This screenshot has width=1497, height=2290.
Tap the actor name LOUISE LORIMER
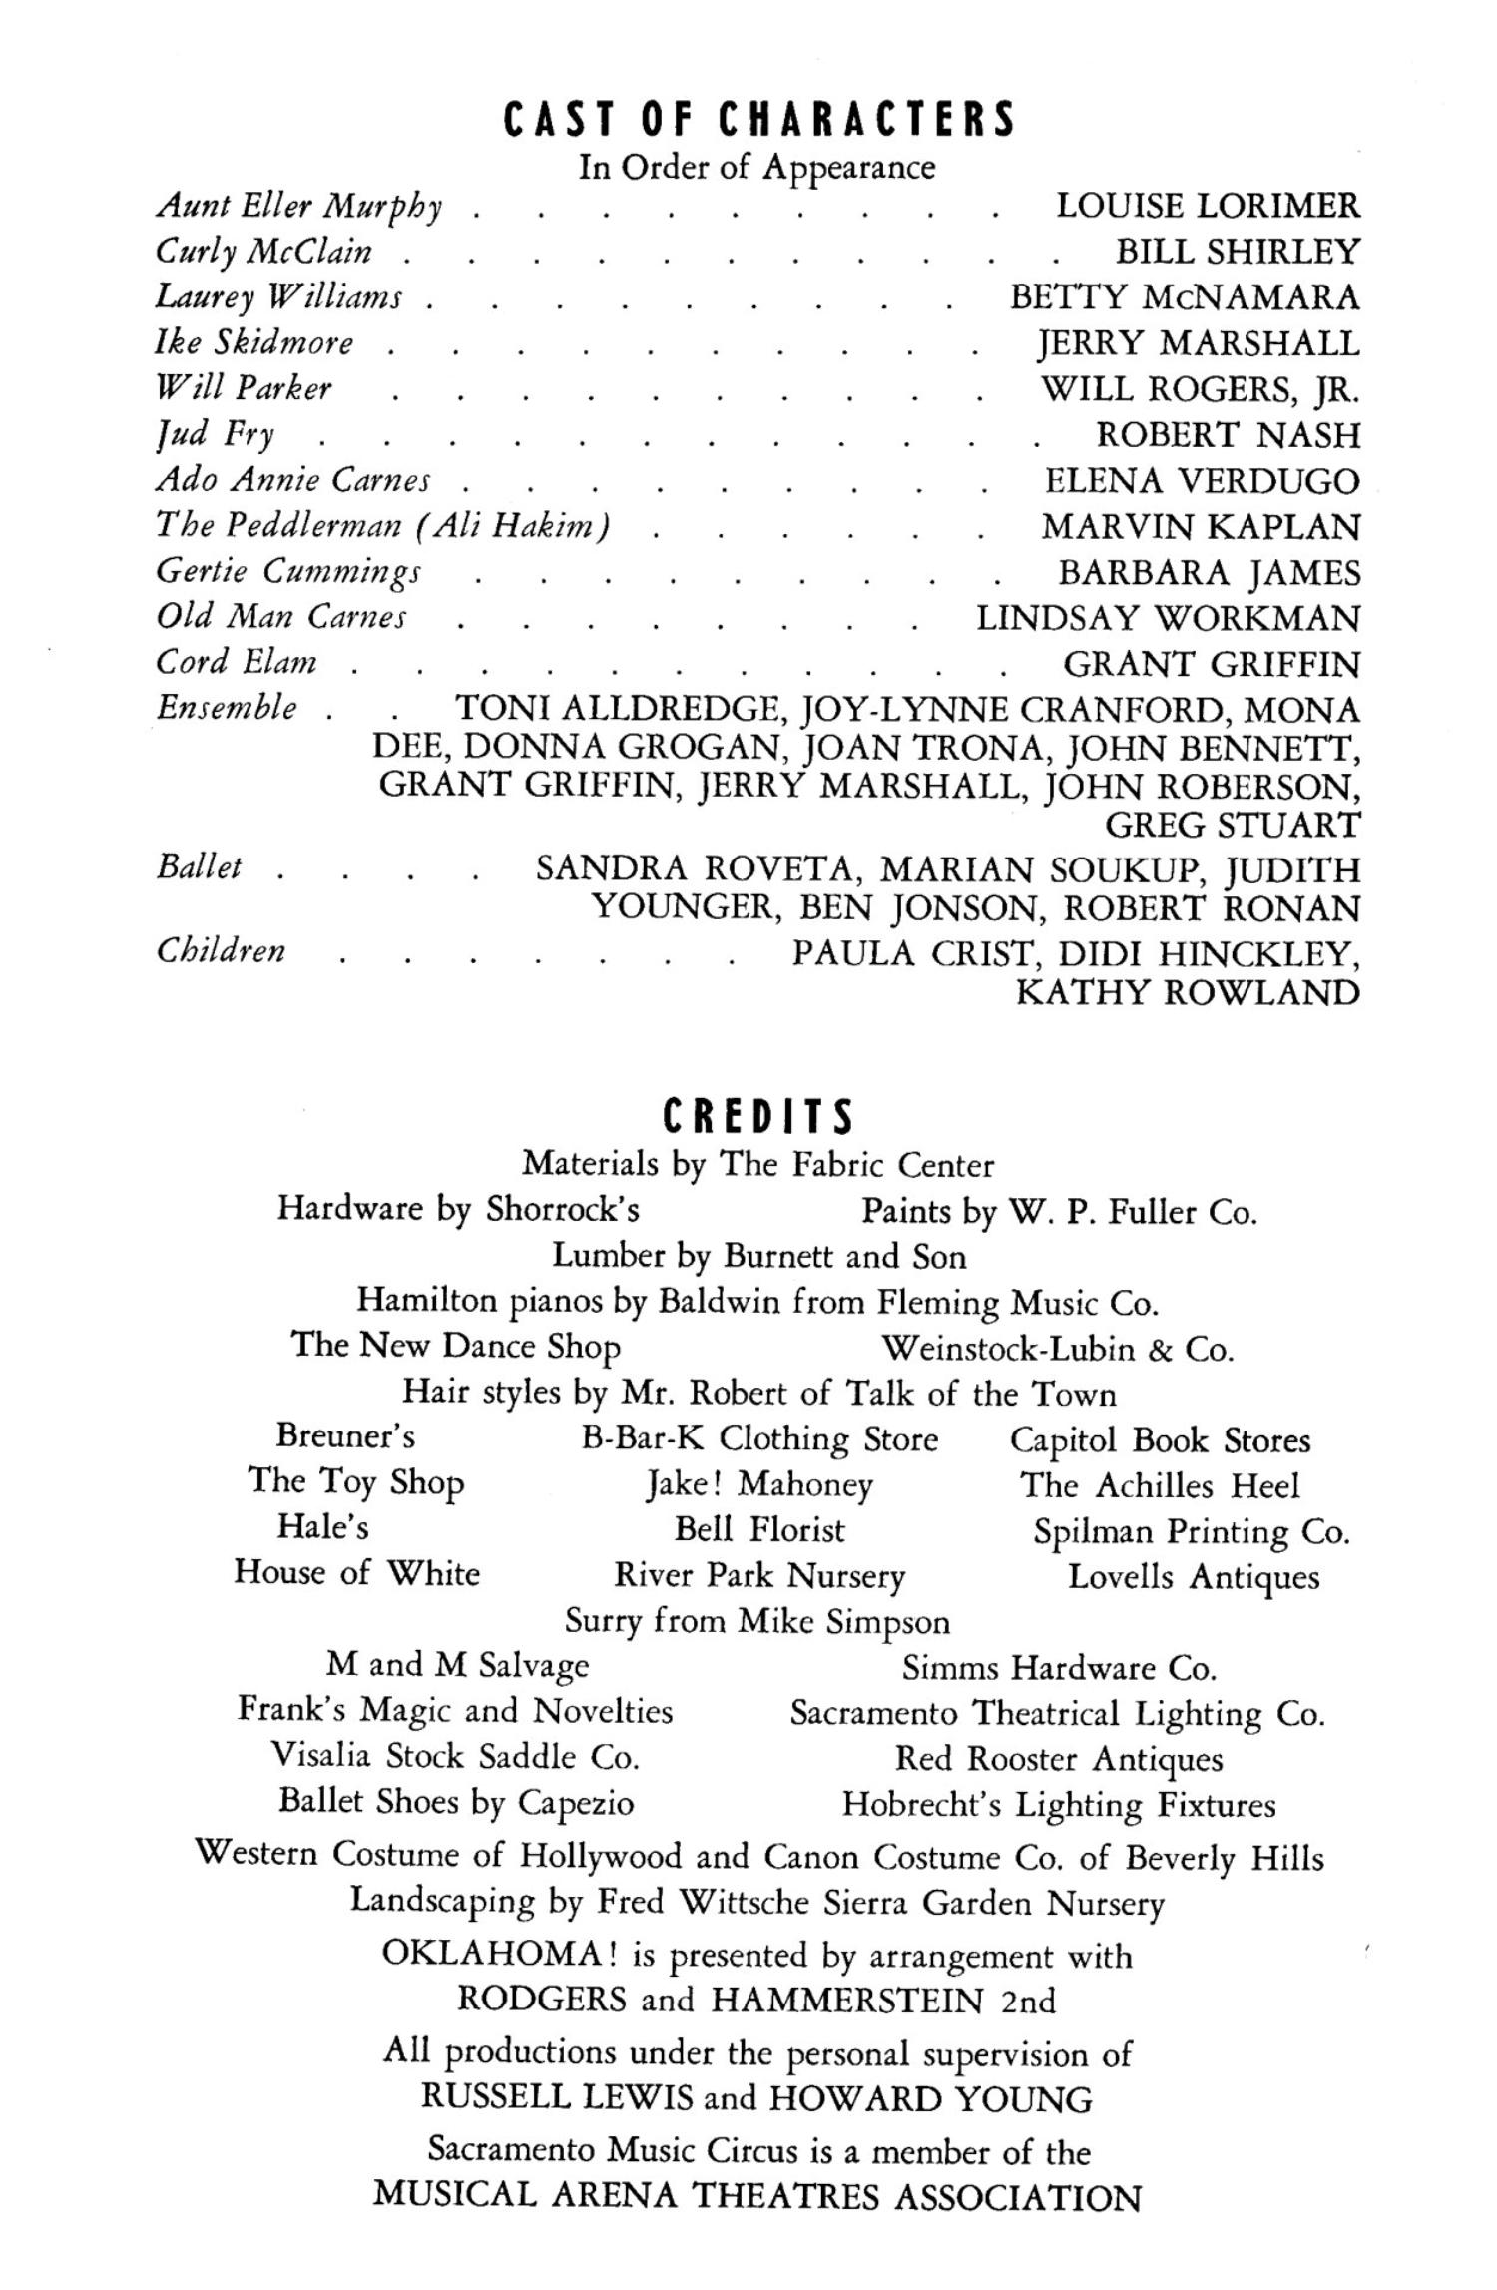(1208, 206)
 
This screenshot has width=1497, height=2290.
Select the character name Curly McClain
(264, 251)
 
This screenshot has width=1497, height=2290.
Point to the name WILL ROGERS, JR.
(1201, 388)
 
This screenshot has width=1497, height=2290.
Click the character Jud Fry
(215, 434)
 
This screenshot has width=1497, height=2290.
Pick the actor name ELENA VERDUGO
(1202, 481)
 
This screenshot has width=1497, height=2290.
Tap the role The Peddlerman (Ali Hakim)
(383, 526)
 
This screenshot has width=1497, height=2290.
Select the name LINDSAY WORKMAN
(1168, 619)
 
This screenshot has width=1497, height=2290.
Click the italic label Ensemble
(227, 708)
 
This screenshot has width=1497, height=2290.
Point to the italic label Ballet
(199, 866)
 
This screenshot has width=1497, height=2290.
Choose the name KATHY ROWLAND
(1188, 993)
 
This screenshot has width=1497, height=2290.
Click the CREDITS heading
(758, 1117)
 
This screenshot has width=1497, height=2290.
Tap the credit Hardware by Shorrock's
(458, 1209)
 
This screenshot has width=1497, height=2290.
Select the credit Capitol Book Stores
(1160, 1439)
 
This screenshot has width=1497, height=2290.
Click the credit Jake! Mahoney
(758, 1485)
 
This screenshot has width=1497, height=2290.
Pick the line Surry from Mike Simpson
(757, 1621)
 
